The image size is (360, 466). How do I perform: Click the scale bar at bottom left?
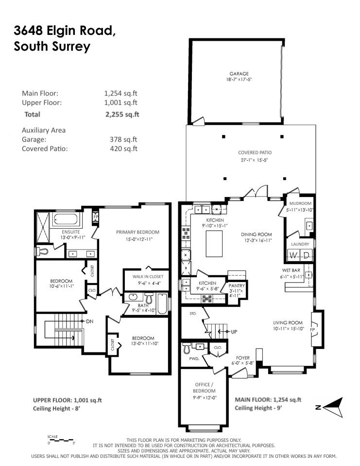point(53,439)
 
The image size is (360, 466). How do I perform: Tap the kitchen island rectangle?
point(214,244)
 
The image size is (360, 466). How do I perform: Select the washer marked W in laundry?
point(293,255)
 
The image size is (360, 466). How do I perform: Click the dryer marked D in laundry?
point(307,255)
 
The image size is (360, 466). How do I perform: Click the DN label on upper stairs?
point(89,321)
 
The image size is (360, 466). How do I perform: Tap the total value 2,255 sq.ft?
point(121,115)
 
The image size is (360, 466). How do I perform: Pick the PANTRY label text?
point(237,286)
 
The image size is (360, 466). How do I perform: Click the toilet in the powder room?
point(187,349)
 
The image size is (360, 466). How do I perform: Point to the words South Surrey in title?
point(52,47)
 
